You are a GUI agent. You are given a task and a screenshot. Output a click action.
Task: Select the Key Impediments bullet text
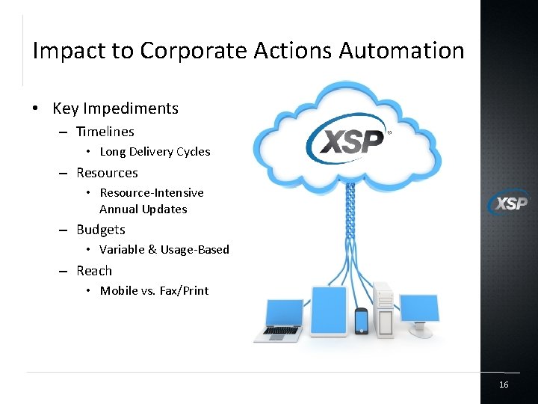pos(115,108)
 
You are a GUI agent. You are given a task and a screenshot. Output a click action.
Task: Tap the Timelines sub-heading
pos(105,132)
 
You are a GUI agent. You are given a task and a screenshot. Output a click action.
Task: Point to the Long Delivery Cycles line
pos(155,152)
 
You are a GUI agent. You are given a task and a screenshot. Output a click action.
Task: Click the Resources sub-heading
pos(107,173)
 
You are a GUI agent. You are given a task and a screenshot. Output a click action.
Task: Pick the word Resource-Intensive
pos(152,193)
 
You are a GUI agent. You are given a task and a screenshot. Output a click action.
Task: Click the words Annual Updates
pos(143,209)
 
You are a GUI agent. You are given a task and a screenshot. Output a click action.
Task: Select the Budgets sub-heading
pos(101,230)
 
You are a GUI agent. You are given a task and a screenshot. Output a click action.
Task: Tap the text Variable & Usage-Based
pos(164,250)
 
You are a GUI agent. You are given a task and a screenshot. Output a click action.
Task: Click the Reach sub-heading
pos(94,271)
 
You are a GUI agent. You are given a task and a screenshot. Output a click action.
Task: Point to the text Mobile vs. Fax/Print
pos(155,291)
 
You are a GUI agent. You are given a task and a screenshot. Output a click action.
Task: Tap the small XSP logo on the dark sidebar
pos(508,203)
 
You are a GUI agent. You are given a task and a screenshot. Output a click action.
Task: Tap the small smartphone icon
pos(362,321)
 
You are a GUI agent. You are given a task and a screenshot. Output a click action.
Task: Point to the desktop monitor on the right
pos(418,310)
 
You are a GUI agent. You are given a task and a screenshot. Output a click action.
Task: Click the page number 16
pos(504,385)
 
